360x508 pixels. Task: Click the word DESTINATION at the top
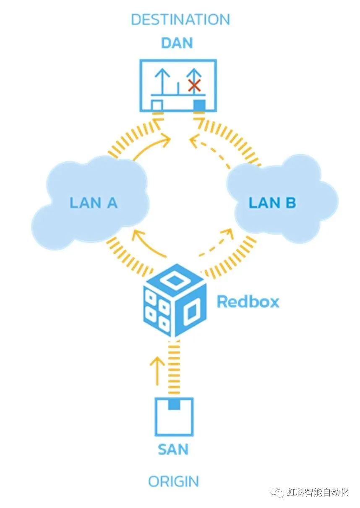[x=180, y=19]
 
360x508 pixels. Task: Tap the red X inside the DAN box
[x=193, y=86]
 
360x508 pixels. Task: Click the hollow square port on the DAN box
[x=157, y=105]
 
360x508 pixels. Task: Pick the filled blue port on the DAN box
[x=199, y=105]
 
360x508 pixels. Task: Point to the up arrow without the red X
[x=161, y=80]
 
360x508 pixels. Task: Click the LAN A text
[x=93, y=203]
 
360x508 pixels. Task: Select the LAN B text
[x=272, y=203]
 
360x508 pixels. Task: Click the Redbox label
[x=248, y=301]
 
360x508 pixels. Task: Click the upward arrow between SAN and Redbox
[x=157, y=369]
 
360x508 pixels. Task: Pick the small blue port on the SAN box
[x=174, y=404]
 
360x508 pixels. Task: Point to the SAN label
[x=173, y=449]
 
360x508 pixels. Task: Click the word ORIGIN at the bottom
[x=173, y=482]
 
